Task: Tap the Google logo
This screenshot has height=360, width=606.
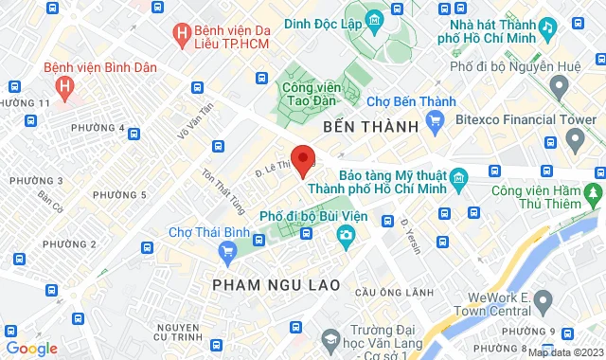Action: click(31, 348)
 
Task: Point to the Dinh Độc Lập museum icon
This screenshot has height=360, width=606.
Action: click(375, 20)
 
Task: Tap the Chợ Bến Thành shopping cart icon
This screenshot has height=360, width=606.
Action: click(436, 119)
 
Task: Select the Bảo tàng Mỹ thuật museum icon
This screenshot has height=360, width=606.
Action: click(458, 178)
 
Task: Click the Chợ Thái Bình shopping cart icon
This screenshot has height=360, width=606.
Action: click(226, 251)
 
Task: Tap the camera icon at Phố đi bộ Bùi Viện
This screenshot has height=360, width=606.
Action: click(348, 234)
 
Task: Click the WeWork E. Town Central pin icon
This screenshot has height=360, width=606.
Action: click(543, 302)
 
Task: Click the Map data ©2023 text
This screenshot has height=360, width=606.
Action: click(564, 352)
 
